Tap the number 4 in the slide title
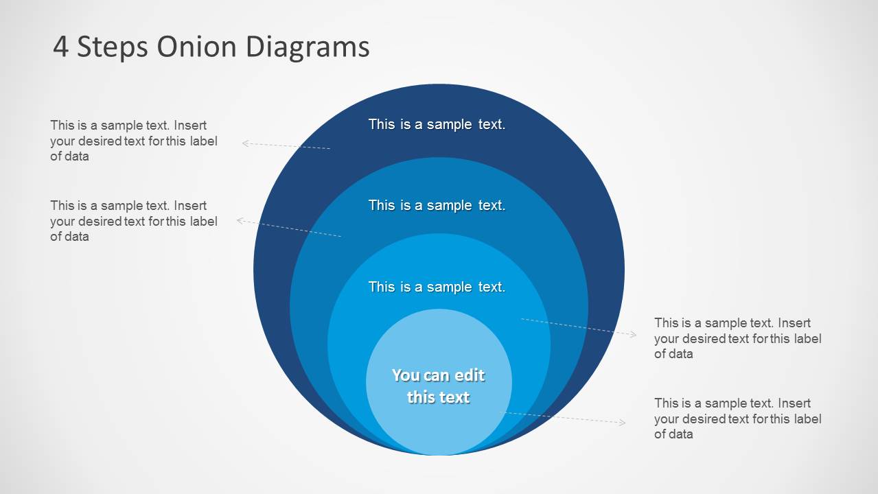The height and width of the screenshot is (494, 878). tap(60, 47)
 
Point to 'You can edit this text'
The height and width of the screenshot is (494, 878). tap(438, 386)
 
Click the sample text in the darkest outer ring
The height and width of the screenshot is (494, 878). tap(437, 124)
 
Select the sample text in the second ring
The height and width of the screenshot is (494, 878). tap(437, 205)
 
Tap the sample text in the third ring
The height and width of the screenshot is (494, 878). tap(437, 287)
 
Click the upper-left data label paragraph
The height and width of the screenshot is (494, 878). tap(133, 141)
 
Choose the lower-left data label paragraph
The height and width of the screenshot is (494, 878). tap(133, 221)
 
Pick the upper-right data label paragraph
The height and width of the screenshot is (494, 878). tap(737, 338)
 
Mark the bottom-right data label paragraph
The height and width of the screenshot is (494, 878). tap(737, 419)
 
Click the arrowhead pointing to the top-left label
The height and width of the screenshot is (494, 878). tap(245, 143)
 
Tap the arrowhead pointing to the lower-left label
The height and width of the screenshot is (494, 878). tap(240, 220)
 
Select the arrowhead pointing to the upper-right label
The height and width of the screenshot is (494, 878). tap(633, 334)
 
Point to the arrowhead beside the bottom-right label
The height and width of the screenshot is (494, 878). tap(623, 423)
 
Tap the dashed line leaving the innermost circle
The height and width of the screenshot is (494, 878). tap(563, 418)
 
